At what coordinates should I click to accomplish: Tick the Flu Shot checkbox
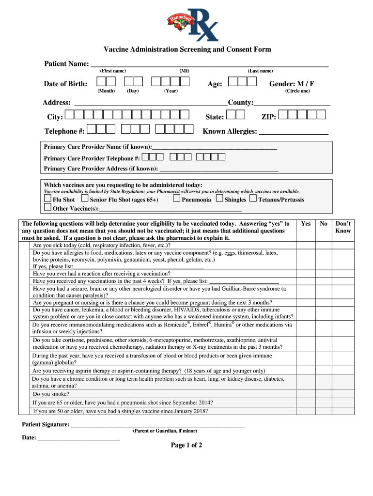point(47,199)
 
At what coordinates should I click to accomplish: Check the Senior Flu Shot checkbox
point(85,199)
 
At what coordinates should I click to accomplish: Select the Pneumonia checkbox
point(176,199)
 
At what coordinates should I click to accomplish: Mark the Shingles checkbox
point(219,199)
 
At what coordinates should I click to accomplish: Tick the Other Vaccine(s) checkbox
point(47,208)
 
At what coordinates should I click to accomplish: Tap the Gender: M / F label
point(292,84)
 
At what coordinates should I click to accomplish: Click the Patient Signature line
point(157,425)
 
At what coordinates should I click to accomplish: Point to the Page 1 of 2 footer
point(186,445)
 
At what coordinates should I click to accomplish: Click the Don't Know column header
point(343,227)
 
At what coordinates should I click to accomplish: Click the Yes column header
point(306,224)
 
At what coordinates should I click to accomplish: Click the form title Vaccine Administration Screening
point(187,49)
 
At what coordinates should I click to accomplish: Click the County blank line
point(292,103)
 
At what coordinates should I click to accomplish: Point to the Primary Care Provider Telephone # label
point(92,158)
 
